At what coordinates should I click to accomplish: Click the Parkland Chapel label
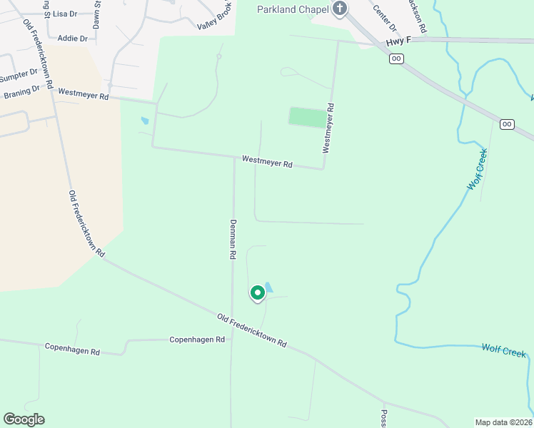coord(293,9)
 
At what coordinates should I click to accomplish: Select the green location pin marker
coord(258,293)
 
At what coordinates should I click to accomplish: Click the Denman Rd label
coord(233,238)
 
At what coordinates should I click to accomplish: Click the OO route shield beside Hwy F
coord(397,58)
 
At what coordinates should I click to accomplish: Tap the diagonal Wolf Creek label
coord(478,168)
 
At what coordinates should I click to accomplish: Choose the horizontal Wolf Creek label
coord(503,351)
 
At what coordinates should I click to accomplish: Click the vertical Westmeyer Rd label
coord(328,128)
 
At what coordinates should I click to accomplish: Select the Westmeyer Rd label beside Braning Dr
coord(84,93)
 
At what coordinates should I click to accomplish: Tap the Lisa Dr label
coord(65,14)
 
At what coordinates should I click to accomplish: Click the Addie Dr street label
coord(72,38)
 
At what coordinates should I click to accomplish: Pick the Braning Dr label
coord(21,91)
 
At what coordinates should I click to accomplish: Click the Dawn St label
coord(96,14)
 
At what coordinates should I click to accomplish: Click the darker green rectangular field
coord(308,117)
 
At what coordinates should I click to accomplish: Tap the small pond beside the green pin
coord(268,287)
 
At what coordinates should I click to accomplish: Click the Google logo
coord(24,419)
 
